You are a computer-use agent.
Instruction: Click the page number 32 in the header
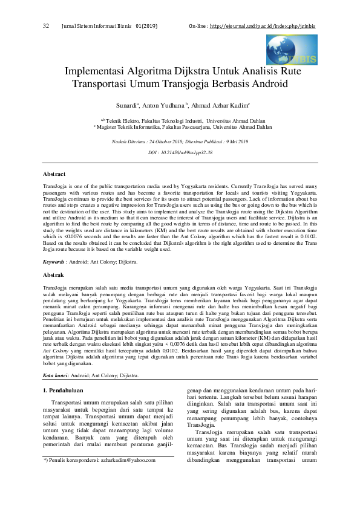tap(46, 27)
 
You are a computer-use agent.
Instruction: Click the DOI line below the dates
tap(180, 153)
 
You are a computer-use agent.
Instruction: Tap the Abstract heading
tap(54, 173)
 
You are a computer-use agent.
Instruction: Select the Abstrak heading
tap(54, 274)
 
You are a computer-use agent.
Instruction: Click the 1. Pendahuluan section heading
tap(70, 391)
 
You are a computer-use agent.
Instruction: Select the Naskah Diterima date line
tap(180, 141)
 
